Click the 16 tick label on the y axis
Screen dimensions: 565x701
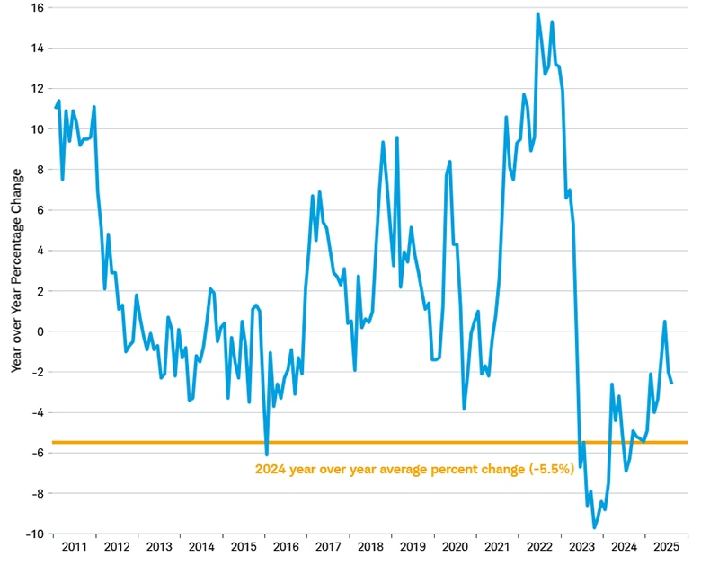pyautogui.click(x=38, y=7)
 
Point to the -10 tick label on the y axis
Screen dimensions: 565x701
pyautogui.click(x=35, y=534)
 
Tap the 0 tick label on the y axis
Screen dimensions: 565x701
pyautogui.click(x=41, y=331)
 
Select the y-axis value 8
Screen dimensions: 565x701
pyautogui.click(x=41, y=169)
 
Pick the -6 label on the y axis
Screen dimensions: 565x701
pyautogui.click(x=39, y=453)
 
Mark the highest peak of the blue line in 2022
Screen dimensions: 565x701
pyautogui.click(x=537, y=13)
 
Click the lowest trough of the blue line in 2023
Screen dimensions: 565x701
pyautogui.click(x=594, y=527)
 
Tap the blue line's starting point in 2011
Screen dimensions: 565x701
pyautogui.click(x=56, y=108)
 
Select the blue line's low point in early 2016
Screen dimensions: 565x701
pyautogui.click(x=266, y=455)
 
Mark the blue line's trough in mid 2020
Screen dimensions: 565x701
pyautogui.click(x=464, y=408)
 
